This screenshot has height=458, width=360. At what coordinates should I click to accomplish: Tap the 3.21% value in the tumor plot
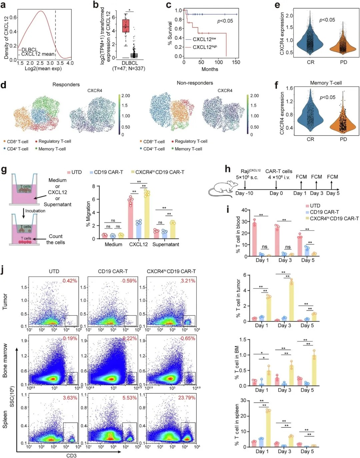tap(188, 281)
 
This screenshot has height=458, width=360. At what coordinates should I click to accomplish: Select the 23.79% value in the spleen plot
tap(187, 398)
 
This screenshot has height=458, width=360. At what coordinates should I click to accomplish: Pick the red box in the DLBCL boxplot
tap(126, 26)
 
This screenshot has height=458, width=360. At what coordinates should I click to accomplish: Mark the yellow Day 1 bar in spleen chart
tap(268, 429)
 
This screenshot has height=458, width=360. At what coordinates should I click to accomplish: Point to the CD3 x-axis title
tap(71, 455)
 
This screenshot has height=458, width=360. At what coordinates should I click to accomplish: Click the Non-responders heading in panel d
tap(195, 83)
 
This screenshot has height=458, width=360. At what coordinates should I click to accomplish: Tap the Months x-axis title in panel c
tap(210, 69)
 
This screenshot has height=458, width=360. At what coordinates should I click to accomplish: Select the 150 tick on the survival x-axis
tap(236, 62)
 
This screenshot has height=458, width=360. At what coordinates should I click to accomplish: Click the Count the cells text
tap(56, 239)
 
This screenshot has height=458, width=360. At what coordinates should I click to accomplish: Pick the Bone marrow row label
tap(5, 360)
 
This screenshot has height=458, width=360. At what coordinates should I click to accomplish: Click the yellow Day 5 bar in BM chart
tap(314, 370)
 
